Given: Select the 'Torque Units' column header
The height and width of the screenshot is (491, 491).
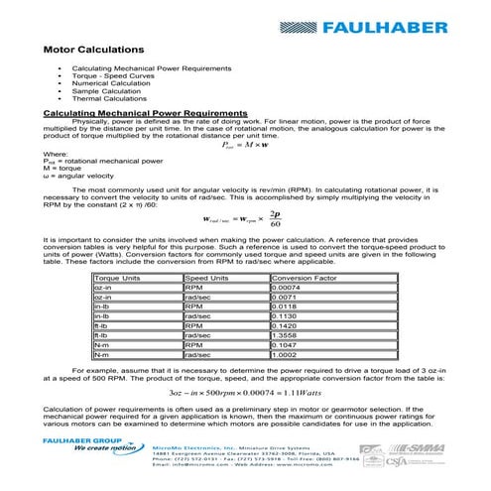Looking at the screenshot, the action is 117,280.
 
